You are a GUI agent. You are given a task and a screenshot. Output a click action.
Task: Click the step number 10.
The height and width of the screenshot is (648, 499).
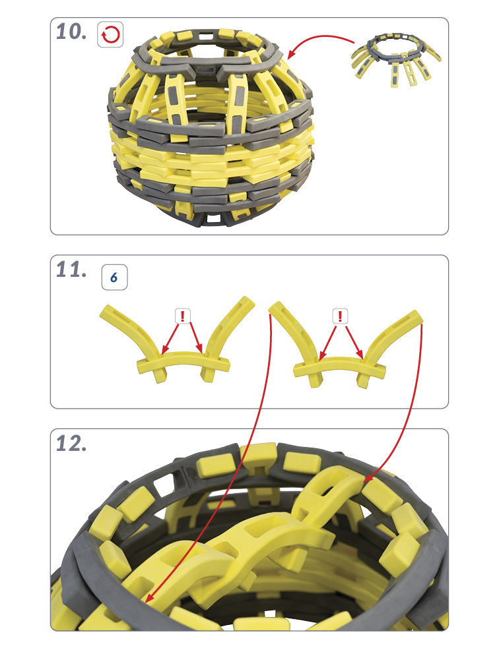71,32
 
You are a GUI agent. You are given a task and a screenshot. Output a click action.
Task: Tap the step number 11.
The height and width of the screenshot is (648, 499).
71,270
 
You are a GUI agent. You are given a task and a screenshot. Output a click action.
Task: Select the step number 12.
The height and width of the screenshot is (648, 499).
71,444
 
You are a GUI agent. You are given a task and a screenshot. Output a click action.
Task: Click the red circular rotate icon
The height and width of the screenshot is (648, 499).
110,34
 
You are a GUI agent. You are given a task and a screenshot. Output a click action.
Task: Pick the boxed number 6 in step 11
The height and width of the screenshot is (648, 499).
114,278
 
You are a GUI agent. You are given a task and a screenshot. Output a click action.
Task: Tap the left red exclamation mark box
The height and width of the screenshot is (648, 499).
182,316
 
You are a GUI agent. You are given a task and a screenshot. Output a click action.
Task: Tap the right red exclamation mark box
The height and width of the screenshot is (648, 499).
340,316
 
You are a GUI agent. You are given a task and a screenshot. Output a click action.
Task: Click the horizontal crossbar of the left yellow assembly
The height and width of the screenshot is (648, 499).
183,361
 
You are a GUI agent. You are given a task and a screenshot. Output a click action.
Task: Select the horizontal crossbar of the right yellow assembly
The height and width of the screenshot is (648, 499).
339,365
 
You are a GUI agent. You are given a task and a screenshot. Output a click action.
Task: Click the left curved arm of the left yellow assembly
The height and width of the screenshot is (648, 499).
133,331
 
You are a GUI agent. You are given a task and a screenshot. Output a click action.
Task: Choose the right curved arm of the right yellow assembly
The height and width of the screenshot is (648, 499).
393,335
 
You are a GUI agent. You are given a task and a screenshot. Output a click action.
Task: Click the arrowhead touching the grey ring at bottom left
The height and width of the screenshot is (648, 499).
150,597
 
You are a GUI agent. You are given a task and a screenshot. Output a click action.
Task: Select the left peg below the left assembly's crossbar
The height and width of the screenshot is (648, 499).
160,374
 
